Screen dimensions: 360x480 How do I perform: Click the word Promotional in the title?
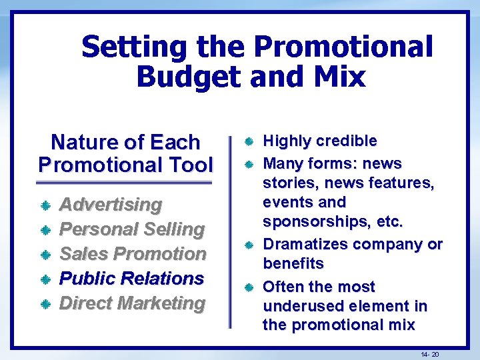pos(343,47)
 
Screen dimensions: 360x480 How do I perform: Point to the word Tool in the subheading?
pos(190,164)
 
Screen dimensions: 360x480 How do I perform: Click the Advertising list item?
pos(111,204)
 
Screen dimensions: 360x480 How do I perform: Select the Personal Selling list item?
pos(132,229)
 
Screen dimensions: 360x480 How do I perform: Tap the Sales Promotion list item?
pos(133,253)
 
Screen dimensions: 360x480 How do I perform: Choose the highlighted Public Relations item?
pos(132,278)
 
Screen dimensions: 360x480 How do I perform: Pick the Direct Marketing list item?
pos(132,303)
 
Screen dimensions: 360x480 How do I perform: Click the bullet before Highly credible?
pos(248,142)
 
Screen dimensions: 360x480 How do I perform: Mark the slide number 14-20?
pos(430,354)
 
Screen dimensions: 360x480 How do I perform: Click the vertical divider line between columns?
pos(230,233)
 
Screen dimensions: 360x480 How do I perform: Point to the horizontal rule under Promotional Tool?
pos(124,183)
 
